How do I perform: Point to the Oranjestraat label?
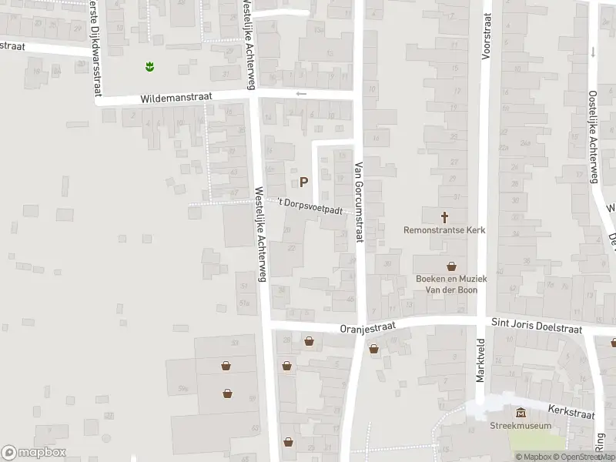[x=367, y=327]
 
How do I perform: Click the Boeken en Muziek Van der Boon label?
[x=446, y=284]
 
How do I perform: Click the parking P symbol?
[x=303, y=182]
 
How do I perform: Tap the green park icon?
[x=150, y=67]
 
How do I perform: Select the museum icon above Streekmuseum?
[x=521, y=413]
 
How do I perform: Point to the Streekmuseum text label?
[x=521, y=426]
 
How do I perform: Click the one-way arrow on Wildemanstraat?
[x=301, y=94]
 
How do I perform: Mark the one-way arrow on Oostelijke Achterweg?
[x=593, y=52]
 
